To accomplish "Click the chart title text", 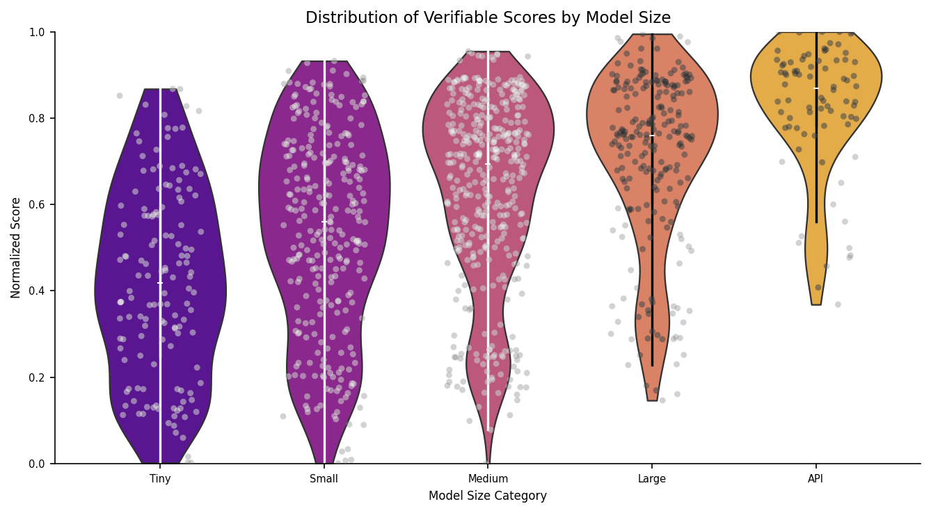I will tap(488, 18).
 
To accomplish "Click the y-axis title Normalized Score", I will tap(16, 247).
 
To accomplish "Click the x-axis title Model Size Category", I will tap(488, 496).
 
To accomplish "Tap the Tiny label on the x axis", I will tap(160, 478).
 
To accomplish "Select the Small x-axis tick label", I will tap(324, 478).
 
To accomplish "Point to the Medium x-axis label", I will tap(488, 478).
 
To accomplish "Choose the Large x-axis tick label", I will tap(652, 478).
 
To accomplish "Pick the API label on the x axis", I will tap(815, 478).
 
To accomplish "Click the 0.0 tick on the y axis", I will tap(38, 464).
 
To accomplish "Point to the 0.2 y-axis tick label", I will tap(38, 377).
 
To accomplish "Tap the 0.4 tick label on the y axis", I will tap(38, 291).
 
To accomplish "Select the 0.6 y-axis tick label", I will tap(38, 204).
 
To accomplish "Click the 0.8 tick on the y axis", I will tap(38, 118).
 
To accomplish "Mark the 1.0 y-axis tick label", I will tap(38, 32).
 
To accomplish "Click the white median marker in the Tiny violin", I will tap(160, 283).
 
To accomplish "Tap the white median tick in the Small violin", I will tap(324, 222).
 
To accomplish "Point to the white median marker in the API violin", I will tap(816, 88).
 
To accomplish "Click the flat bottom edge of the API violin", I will tap(816, 304).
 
